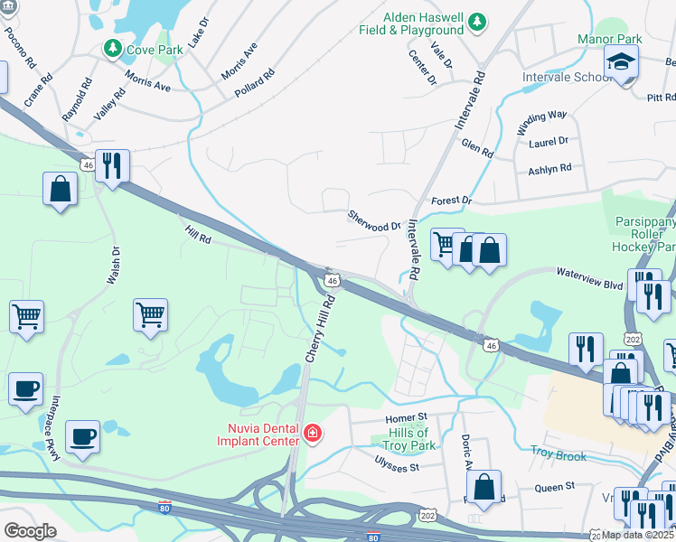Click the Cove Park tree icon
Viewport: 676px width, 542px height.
(x=114, y=49)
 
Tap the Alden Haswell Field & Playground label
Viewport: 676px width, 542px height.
(x=424, y=23)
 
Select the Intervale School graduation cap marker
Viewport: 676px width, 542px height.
(x=621, y=62)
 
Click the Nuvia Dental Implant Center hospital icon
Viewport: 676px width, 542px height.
(x=313, y=435)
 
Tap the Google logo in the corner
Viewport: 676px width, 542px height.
(x=30, y=531)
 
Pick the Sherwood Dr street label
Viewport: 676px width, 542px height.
(x=373, y=220)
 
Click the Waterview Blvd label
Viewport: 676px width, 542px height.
(x=589, y=277)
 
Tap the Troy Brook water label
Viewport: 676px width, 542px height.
(x=559, y=455)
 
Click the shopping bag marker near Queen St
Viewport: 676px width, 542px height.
(x=484, y=486)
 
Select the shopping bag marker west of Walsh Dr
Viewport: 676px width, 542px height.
(x=60, y=190)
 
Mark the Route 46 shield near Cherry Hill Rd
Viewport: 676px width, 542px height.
(x=333, y=281)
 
